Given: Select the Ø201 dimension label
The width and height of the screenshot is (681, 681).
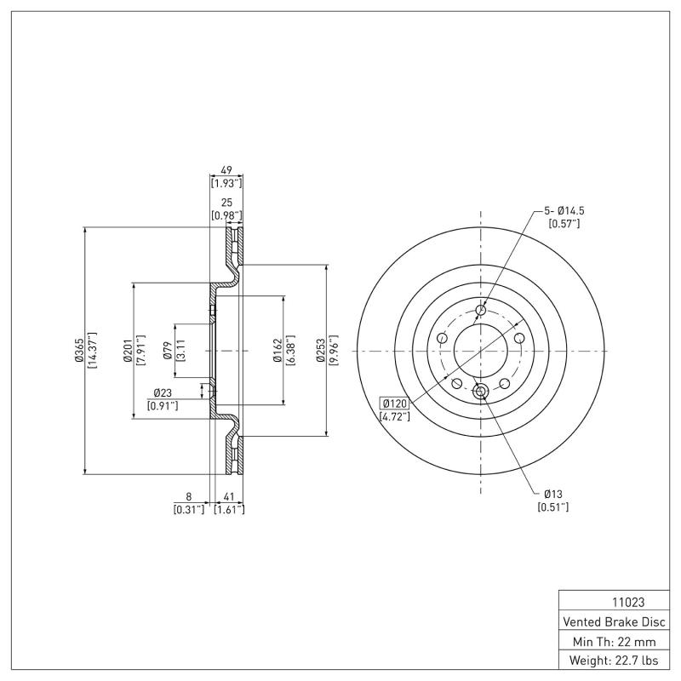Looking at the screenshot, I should [x=127, y=351].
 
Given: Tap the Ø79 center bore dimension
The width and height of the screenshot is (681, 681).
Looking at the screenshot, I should [x=168, y=351].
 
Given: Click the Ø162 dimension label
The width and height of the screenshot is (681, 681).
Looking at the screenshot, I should [x=278, y=351].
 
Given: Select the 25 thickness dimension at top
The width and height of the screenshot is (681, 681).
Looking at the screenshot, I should [x=226, y=203].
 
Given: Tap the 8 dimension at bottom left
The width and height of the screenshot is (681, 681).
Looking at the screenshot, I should [x=188, y=495].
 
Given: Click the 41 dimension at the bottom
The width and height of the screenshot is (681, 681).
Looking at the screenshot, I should [x=228, y=495].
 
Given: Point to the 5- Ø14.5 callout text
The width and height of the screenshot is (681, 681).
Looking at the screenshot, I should [x=563, y=209].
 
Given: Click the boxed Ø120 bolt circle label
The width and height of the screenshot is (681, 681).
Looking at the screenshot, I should [x=395, y=403].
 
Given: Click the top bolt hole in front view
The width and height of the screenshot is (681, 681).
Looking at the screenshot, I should [x=481, y=310].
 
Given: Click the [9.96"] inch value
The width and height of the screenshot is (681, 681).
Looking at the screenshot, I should [x=333, y=351].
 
